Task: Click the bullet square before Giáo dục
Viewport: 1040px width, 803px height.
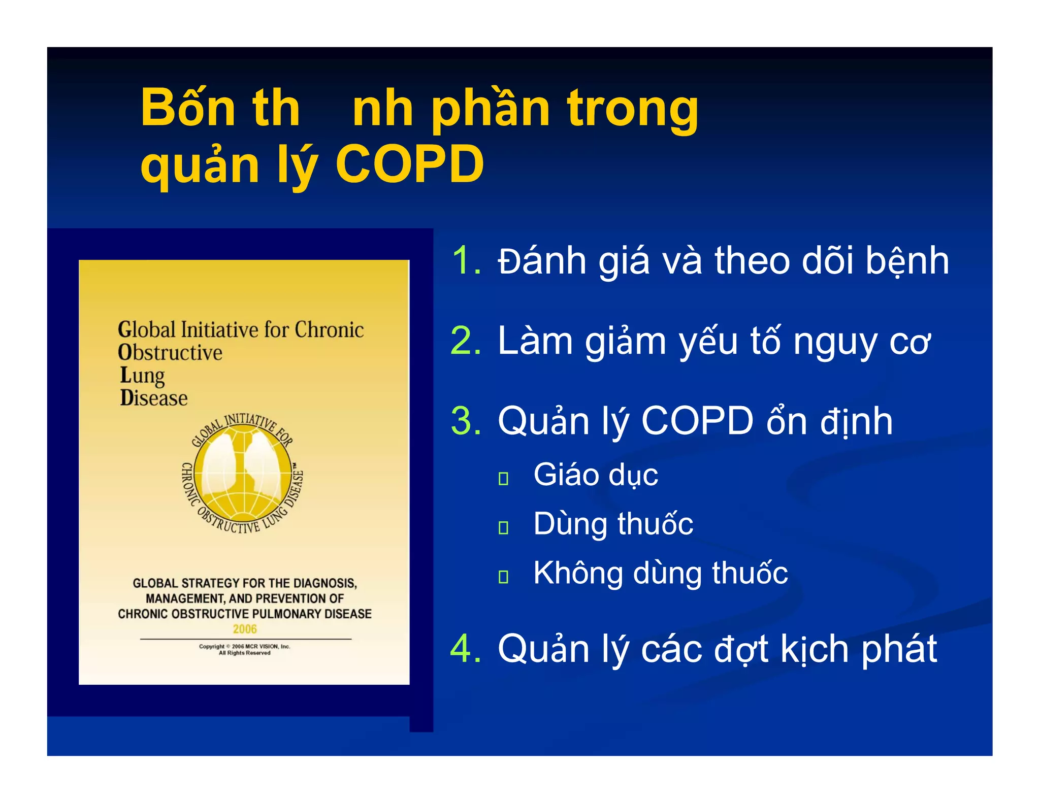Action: pyautogui.click(x=503, y=478)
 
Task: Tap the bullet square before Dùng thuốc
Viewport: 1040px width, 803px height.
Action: pyautogui.click(x=503, y=527)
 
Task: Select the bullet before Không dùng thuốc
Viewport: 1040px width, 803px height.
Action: pyautogui.click(x=503, y=577)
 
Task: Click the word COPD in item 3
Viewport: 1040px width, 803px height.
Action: pyautogui.click(x=697, y=421)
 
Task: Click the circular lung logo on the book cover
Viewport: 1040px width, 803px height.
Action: pyautogui.click(x=243, y=474)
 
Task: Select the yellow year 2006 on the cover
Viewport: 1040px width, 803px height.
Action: pyautogui.click(x=245, y=629)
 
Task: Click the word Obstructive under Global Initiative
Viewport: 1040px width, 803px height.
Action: pyautogui.click(x=170, y=352)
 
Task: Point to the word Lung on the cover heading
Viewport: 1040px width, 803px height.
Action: pyautogui.click(x=142, y=376)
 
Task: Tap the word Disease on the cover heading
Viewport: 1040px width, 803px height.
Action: pyautogui.click(x=154, y=398)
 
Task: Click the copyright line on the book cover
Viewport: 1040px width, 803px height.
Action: pyautogui.click(x=244, y=647)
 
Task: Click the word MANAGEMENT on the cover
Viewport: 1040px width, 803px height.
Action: pyautogui.click(x=184, y=599)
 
